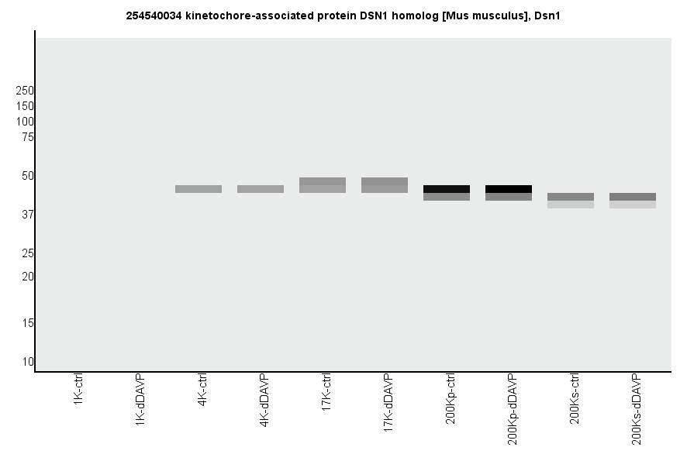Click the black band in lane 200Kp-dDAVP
click(x=509, y=189)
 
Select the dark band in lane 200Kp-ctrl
click(x=447, y=189)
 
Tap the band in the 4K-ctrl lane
click(x=199, y=189)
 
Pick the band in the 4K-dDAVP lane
click(x=261, y=189)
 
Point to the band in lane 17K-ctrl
click(x=323, y=185)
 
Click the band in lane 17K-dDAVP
click(x=385, y=185)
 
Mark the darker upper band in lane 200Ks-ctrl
click(x=571, y=197)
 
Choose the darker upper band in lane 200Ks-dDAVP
click(x=633, y=197)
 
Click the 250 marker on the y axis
click(x=25, y=91)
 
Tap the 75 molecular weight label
click(x=28, y=137)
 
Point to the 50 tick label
click(x=28, y=176)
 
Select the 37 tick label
click(x=28, y=215)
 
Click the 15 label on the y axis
click(x=28, y=323)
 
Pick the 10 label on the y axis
click(x=28, y=362)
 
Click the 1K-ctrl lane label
click(x=78, y=391)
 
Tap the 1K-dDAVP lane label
click(x=140, y=398)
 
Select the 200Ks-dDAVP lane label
click(x=637, y=409)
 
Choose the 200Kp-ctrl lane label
click(x=451, y=399)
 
